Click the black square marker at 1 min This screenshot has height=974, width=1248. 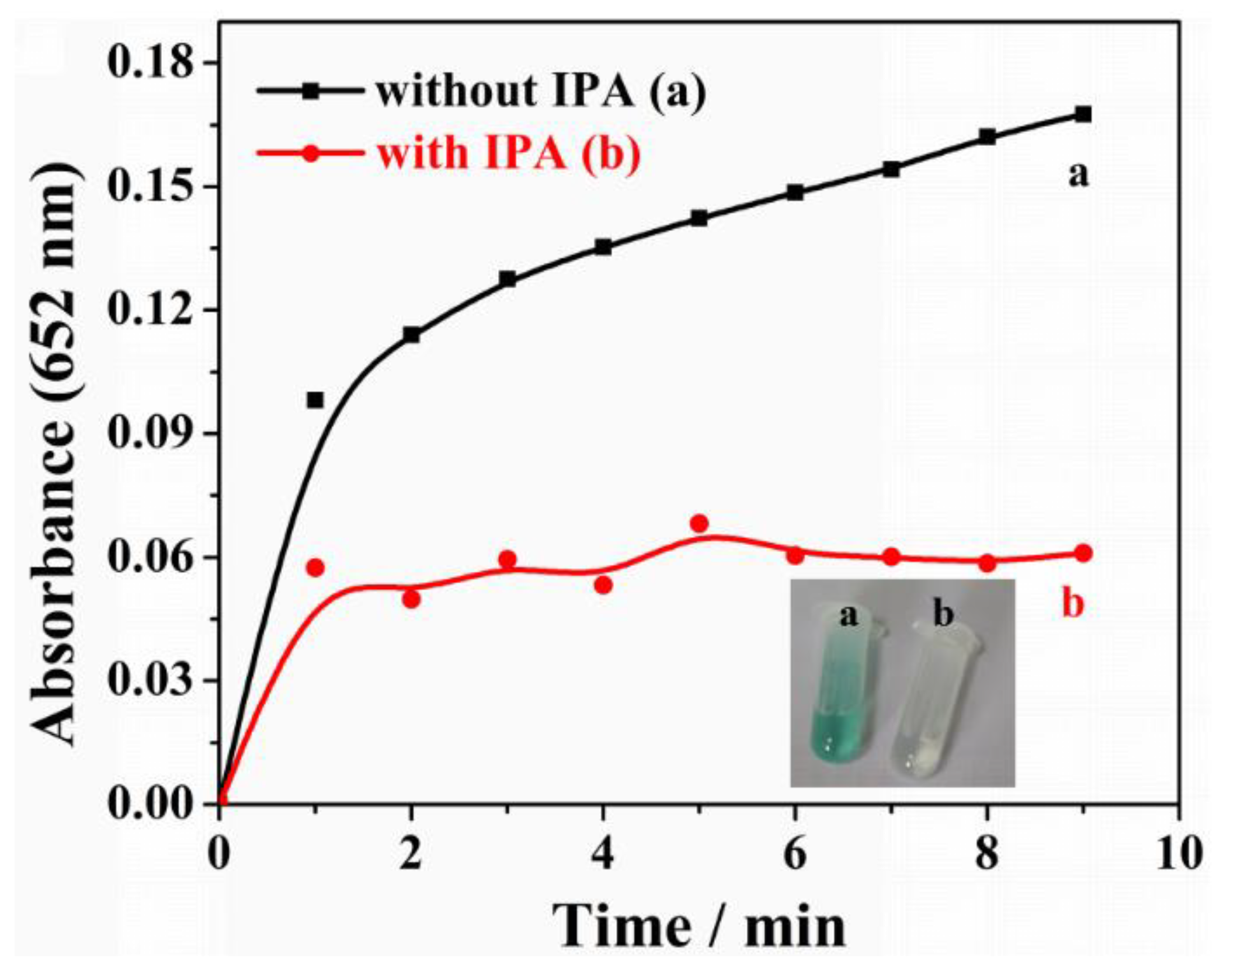click(315, 400)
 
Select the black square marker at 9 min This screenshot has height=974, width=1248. click(1083, 115)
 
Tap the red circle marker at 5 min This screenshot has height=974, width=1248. click(700, 523)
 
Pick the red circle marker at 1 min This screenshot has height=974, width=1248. click(315, 567)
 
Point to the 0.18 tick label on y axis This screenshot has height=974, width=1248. click(150, 63)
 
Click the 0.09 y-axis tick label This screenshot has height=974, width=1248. click(150, 434)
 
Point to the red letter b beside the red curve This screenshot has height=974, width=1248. click(1073, 603)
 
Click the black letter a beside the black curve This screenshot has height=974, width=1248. click(1078, 174)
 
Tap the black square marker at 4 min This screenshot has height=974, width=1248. click(603, 247)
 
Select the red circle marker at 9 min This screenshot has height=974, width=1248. click(1083, 553)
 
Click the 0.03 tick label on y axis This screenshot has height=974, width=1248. click(150, 681)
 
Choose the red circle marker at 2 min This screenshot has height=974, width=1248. click(411, 599)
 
